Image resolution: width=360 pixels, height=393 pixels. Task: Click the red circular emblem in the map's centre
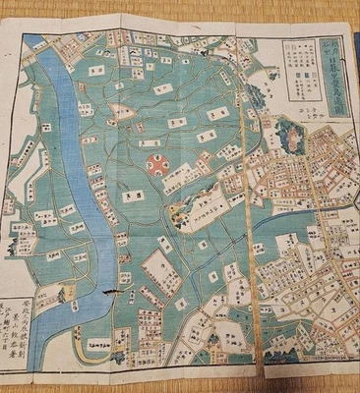155,164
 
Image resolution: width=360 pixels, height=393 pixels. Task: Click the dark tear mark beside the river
113,292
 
